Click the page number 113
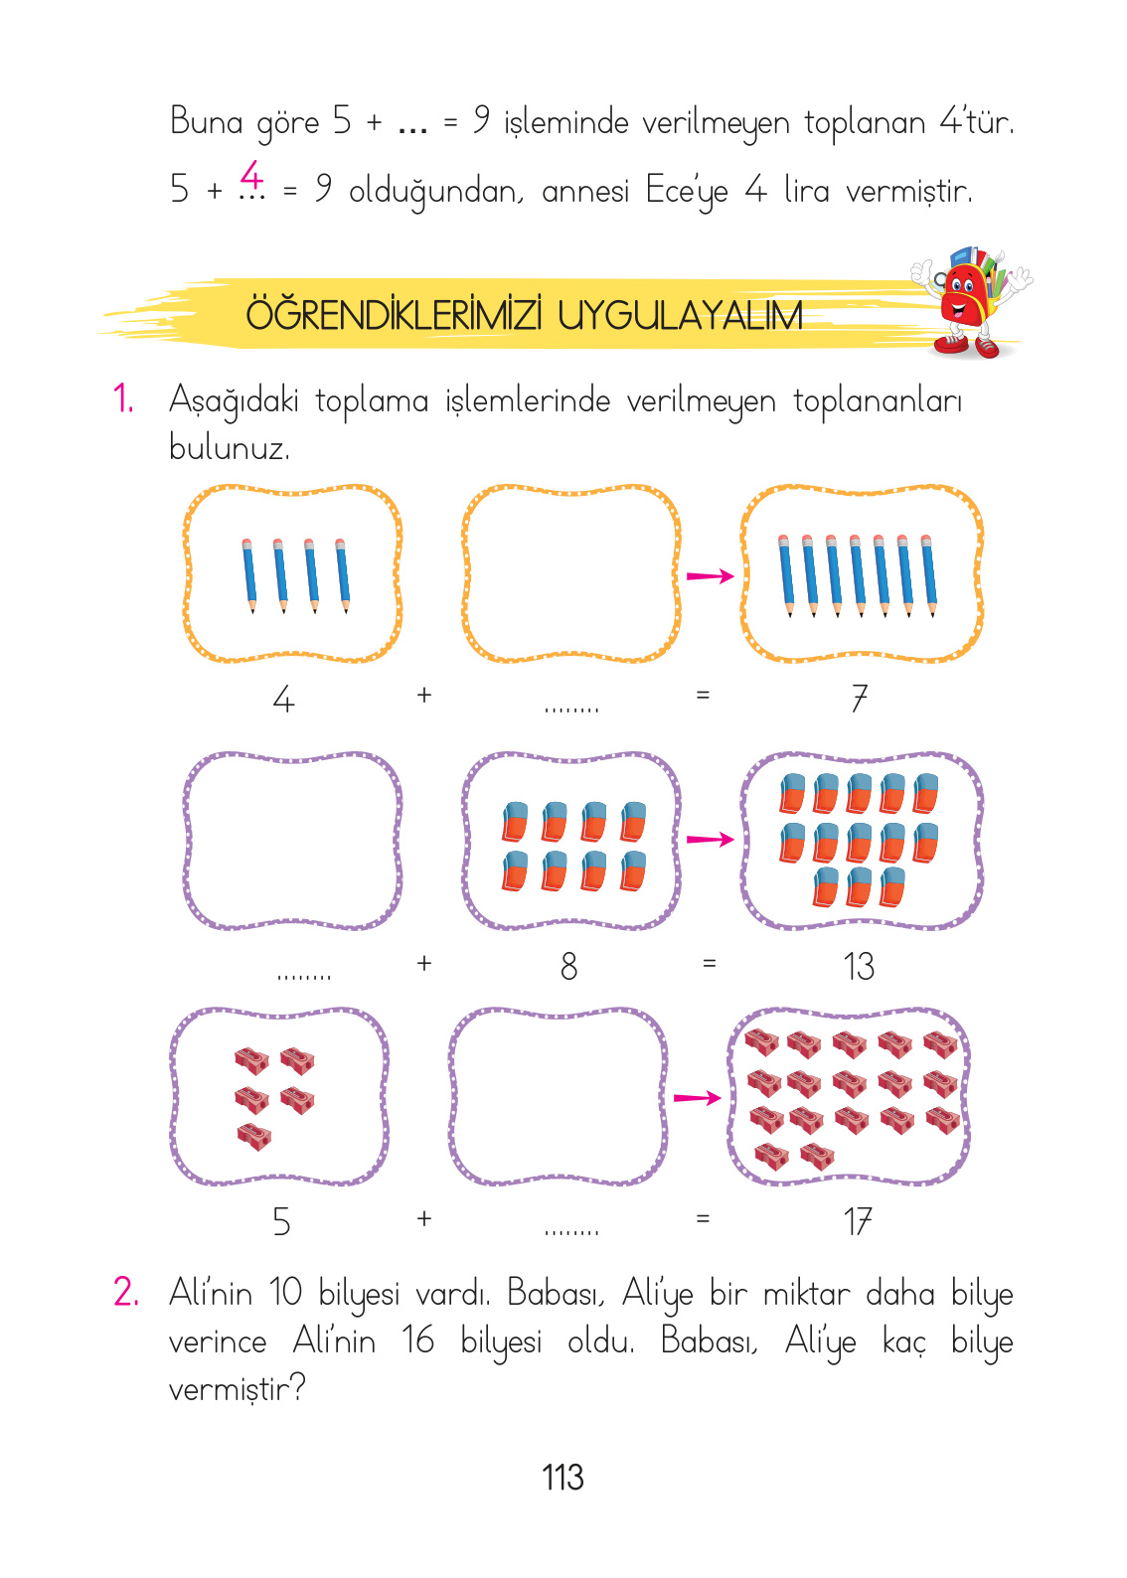tap(563, 1478)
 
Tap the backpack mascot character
tap(969, 302)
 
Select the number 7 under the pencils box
tap(860, 699)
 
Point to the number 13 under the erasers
tap(859, 966)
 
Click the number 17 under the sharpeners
tap(858, 1221)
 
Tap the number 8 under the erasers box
tap(568, 966)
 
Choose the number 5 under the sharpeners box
tap(282, 1221)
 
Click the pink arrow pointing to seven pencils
tap(710, 575)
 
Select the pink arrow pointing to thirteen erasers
tap(710, 840)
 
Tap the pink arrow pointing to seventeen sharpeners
tap(697, 1097)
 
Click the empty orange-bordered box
tap(570, 573)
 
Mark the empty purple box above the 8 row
tap(292, 841)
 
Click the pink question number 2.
tap(126, 1292)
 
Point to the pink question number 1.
tap(123, 399)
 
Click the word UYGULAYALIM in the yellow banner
tap(680, 316)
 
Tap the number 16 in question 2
tap(418, 1341)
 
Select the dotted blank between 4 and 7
tap(571, 710)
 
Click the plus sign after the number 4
tap(424, 695)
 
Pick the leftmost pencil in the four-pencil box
tap(248, 574)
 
